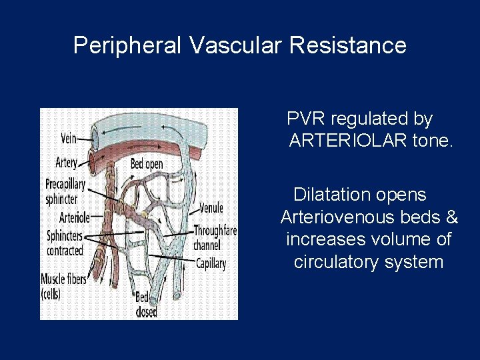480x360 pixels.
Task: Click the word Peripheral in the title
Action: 127,46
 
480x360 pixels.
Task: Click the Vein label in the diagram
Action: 67,139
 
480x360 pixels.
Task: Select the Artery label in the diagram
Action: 66,162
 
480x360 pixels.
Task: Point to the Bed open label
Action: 147,163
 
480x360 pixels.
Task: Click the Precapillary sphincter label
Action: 65,191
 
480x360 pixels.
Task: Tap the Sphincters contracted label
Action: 65,243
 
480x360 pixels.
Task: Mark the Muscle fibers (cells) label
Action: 63,285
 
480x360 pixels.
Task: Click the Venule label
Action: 211,209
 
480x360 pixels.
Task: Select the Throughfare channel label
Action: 215,237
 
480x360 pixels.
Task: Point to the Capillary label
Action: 211,263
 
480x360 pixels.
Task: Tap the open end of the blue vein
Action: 95,137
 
